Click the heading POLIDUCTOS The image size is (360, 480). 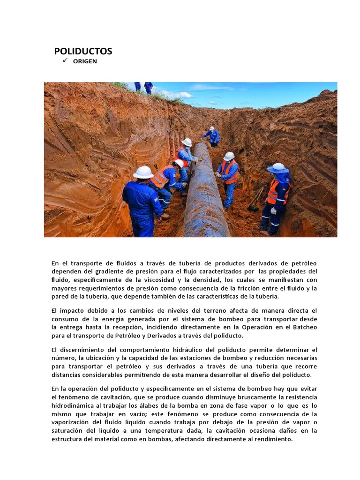click(83, 51)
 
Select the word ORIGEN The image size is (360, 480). click(85, 61)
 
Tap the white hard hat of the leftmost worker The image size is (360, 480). click(143, 172)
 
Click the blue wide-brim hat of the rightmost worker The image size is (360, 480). click(278, 168)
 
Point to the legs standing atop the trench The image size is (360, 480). click(143, 87)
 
